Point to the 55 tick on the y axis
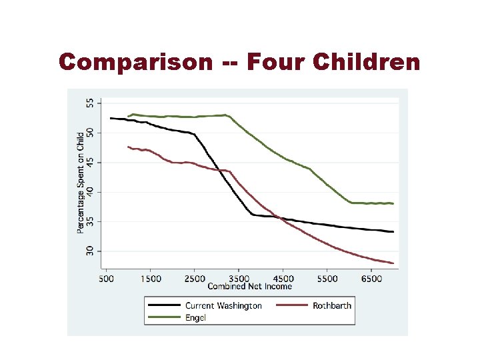pyautogui.click(x=91, y=103)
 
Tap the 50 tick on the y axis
pyautogui.click(x=91, y=133)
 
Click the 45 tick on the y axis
pyautogui.click(x=91, y=163)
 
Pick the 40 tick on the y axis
pyautogui.click(x=91, y=192)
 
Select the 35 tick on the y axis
pyautogui.click(x=91, y=221)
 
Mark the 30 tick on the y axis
pyautogui.click(x=91, y=251)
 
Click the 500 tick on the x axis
pyautogui.click(x=107, y=279)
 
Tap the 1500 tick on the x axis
pyautogui.click(x=150, y=279)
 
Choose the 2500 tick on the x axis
pyautogui.click(x=195, y=279)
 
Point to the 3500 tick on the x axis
pyautogui.click(x=239, y=279)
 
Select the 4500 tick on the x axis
pyautogui.click(x=283, y=279)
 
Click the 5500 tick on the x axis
pyautogui.click(x=327, y=279)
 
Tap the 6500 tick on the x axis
pyautogui.click(x=371, y=279)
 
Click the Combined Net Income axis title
pyautogui.click(x=250, y=287)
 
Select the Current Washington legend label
pyautogui.click(x=223, y=306)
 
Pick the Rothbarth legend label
pyautogui.click(x=331, y=306)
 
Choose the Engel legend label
pyautogui.click(x=196, y=318)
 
